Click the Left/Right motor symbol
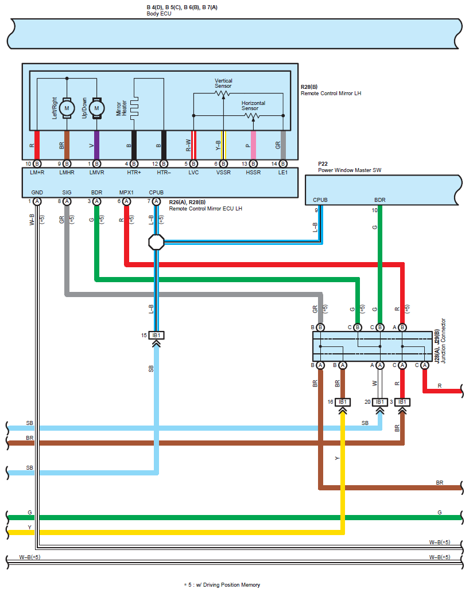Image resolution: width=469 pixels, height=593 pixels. [67, 108]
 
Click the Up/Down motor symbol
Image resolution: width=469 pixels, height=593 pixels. [96, 108]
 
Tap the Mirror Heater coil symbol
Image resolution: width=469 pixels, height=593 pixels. [134, 108]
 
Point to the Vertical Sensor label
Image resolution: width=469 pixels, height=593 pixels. [223, 83]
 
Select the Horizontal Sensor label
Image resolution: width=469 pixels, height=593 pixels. [253, 106]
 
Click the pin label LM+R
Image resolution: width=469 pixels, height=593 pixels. [37, 173]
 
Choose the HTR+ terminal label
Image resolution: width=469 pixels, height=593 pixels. [134, 173]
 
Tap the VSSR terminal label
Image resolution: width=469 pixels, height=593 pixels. [223, 173]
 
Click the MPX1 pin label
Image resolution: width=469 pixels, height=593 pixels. [126, 193]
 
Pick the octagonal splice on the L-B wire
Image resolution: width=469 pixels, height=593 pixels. [156, 242]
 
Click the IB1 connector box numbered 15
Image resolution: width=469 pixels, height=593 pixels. [156, 335]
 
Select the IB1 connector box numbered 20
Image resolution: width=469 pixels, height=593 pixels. [379, 402]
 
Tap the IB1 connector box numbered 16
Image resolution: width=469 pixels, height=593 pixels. [343, 402]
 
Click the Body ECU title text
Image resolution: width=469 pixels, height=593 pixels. [159, 14]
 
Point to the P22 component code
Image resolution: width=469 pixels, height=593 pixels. [323, 164]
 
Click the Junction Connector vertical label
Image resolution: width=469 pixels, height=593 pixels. [443, 341]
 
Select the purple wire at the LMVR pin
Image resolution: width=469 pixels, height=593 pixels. [96, 145]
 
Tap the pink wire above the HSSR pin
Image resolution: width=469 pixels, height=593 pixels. [253, 145]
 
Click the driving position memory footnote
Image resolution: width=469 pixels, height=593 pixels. [222, 584]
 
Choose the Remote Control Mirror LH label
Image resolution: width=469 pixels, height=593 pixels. [331, 93]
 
